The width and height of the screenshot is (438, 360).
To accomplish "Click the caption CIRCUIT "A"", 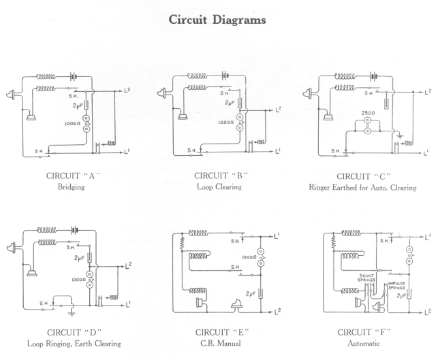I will click(x=74, y=176).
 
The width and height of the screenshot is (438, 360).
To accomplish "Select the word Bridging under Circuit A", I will click(x=74, y=187).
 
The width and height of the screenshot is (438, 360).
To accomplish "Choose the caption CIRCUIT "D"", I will click(x=74, y=332).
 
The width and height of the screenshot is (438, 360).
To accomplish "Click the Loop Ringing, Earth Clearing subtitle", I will click(x=74, y=344).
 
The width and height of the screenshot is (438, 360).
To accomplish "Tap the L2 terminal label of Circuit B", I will click(x=278, y=110).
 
